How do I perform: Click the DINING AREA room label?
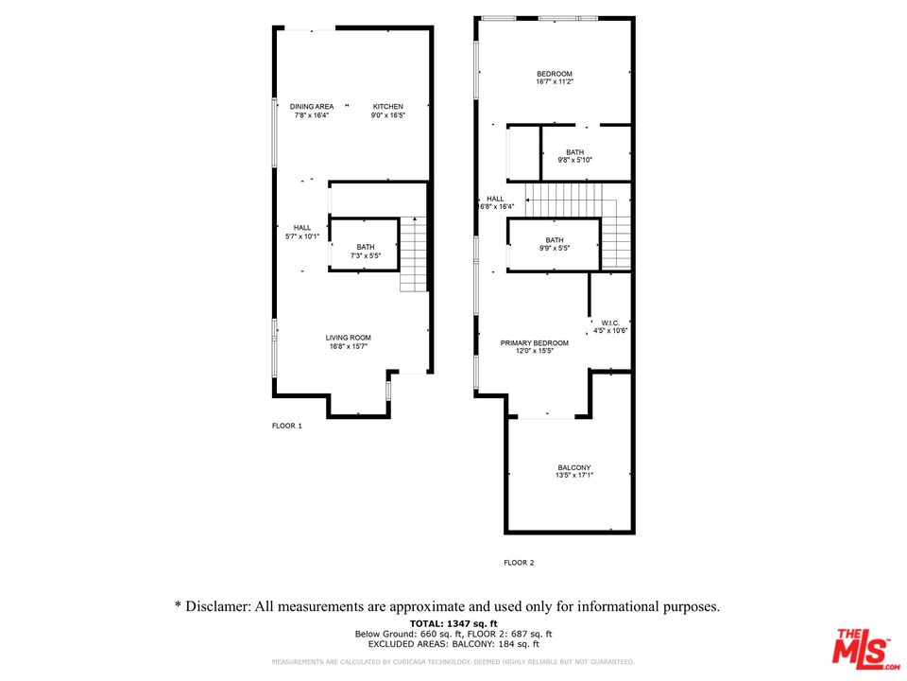point(311,107)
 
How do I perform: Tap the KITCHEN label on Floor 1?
point(387,107)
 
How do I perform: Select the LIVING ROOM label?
point(348,338)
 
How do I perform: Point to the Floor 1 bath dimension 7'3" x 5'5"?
point(365,255)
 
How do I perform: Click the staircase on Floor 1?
point(413,253)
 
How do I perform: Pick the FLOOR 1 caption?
point(286,426)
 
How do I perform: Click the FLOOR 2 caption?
point(519,563)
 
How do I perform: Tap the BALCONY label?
point(573,468)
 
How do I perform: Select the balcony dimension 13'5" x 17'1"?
point(573,476)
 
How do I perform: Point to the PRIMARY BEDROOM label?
point(535,343)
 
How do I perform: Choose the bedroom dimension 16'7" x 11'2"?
point(555,82)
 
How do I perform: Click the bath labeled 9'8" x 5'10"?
point(574,156)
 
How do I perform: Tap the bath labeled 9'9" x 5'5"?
point(554,244)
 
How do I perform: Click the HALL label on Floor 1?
point(302,228)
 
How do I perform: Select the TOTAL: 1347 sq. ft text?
point(453,624)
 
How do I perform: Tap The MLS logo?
point(861,647)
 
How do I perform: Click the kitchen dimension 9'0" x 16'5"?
point(387,115)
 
